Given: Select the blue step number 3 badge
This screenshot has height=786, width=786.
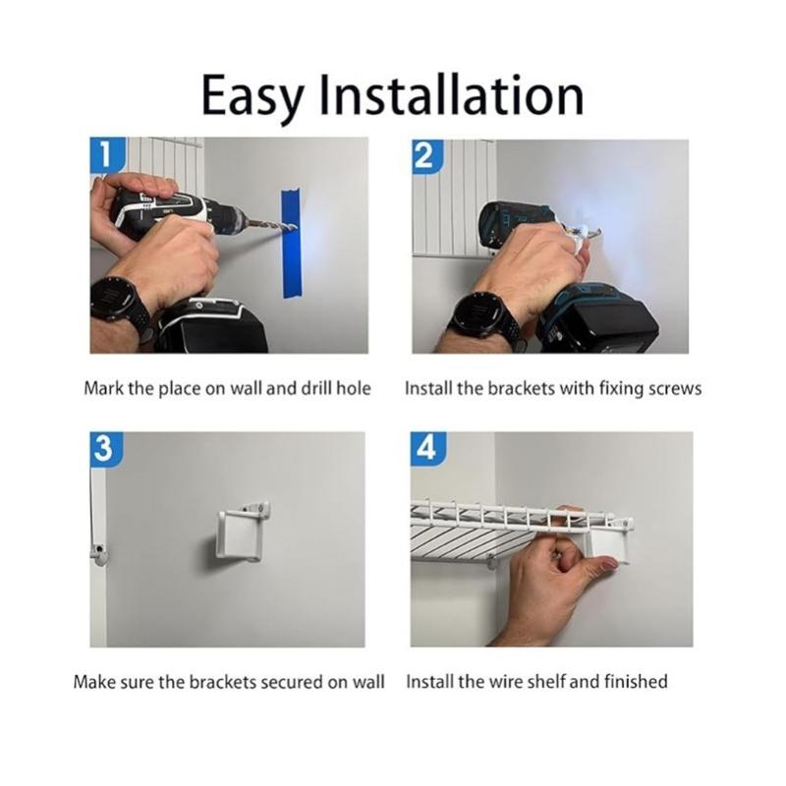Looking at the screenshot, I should pos(102,448).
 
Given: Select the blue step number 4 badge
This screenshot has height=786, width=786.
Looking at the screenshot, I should pos(425,448).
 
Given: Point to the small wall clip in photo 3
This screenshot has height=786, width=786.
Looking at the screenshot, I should pos(98,553).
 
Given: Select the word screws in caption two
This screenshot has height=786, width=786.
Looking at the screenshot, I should pos(675,388).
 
